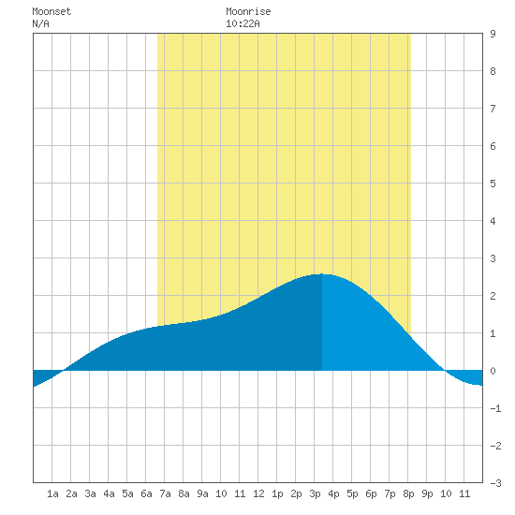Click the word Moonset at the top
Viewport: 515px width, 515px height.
pyautogui.click(x=51, y=11)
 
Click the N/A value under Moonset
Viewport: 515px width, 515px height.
pyautogui.click(x=40, y=23)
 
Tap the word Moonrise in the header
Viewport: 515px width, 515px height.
pyautogui.click(x=248, y=11)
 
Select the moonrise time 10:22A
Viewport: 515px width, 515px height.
pyautogui.click(x=243, y=23)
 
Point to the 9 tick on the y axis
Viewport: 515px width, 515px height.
pyautogui.click(x=493, y=34)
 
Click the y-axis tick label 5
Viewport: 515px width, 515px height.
pyautogui.click(x=493, y=184)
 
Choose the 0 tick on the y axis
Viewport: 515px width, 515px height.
pyautogui.click(x=493, y=371)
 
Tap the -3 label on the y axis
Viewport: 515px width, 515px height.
pyautogui.click(x=495, y=483)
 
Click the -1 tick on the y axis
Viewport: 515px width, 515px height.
pyautogui.click(x=495, y=408)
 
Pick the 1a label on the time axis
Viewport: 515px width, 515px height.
pyautogui.click(x=52, y=493)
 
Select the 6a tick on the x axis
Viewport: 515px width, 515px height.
pyautogui.click(x=146, y=493)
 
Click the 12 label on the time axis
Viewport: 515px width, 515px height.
pyautogui.click(x=258, y=493)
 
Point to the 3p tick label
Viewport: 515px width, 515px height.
pyautogui.click(x=315, y=493)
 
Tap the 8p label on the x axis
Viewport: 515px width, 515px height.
pyautogui.click(x=408, y=493)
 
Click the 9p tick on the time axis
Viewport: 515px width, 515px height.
pyautogui.click(x=427, y=493)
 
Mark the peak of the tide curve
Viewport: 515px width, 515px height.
pyautogui.click(x=322, y=274)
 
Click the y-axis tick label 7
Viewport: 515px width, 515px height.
pyautogui.click(x=493, y=109)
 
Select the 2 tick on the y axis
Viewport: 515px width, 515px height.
pyautogui.click(x=493, y=296)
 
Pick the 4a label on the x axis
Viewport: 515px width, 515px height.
pyautogui.click(x=109, y=493)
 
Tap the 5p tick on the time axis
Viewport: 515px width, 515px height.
pyautogui.click(x=352, y=493)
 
